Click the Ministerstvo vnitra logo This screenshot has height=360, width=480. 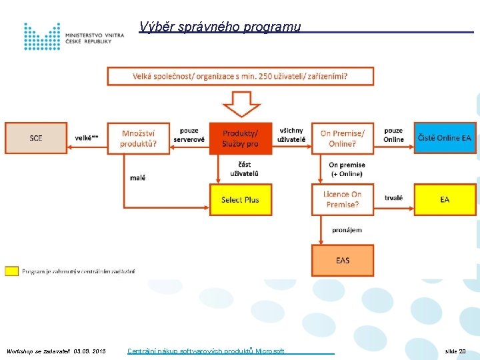click(73, 36)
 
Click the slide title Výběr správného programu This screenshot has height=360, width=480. click(220, 27)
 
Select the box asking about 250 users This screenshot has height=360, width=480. click(240, 76)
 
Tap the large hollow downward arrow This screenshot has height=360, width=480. click(241, 104)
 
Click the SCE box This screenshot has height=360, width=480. click(36, 138)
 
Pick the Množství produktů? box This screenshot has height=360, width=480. click(138, 138)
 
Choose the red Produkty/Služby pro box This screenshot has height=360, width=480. click(241, 138)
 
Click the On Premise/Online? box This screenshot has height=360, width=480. click(343, 138)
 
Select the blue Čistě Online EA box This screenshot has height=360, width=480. click(445, 138)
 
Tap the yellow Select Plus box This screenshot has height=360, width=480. click(241, 199)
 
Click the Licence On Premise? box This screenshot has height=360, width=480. click(343, 199)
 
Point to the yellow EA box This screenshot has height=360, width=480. click(445, 199)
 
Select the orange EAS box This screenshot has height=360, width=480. click(343, 260)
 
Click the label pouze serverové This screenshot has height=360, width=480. click(189, 135)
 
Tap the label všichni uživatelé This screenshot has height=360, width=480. click(292, 135)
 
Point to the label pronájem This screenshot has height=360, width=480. click(347, 230)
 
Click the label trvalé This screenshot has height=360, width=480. click(393, 197)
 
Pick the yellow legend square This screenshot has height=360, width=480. click(11, 271)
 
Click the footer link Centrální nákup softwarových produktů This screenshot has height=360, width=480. click(206, 351)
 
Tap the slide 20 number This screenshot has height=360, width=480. click(455, 351)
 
